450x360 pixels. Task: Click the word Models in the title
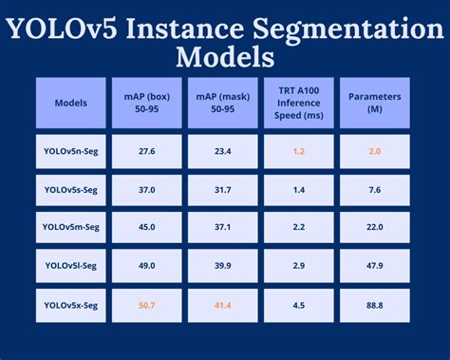tap(224, 56)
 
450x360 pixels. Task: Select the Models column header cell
tap(71, 103)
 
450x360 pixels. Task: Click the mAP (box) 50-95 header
tap(146, 103)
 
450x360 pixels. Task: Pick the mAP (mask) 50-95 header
tap(223, 103)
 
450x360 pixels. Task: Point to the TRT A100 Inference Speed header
tap(300, 103)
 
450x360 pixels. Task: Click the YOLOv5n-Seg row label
tap(71, 151)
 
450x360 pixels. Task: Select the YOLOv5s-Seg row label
tap(71, 189)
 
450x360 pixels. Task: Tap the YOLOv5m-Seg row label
tap(71, 227)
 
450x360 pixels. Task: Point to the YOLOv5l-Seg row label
tap(71, 265)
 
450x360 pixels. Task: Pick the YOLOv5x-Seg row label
tap(71, 304)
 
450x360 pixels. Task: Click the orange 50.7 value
tap(146, 304)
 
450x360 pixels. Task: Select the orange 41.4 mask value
tap(223, 304)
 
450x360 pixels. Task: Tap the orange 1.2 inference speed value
tap(300, 151)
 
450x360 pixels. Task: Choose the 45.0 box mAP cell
tap(146, 227)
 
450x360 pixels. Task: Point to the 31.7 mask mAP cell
tap(223, 189)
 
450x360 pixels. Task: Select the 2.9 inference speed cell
tap(300, 265)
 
